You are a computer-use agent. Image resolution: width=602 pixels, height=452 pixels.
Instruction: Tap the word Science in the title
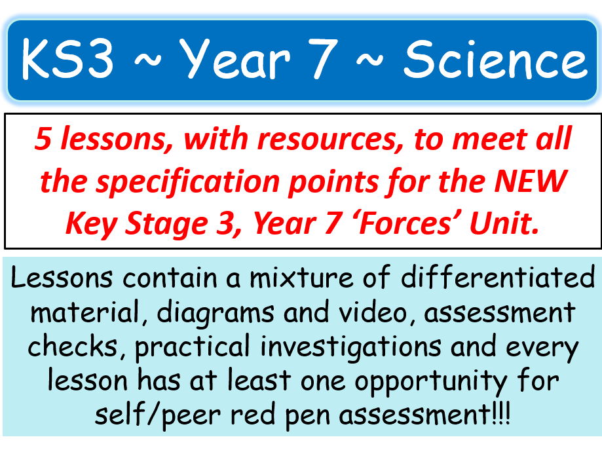(495, 60)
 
